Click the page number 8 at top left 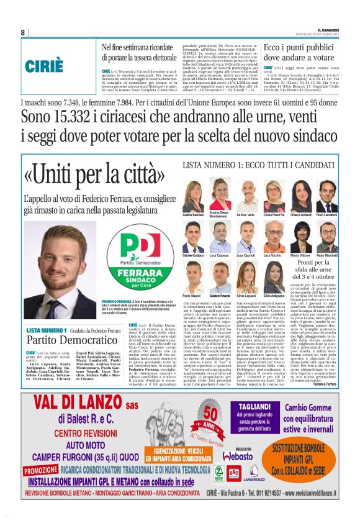[x=22, y=32]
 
